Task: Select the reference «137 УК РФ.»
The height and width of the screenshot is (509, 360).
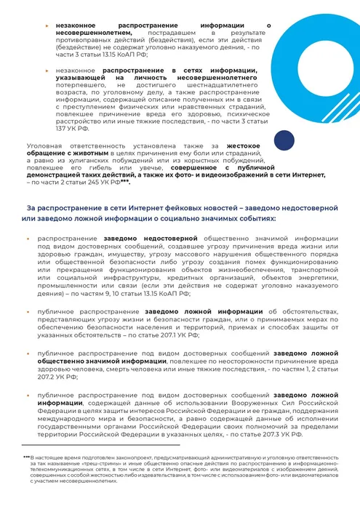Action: pos(73,127)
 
